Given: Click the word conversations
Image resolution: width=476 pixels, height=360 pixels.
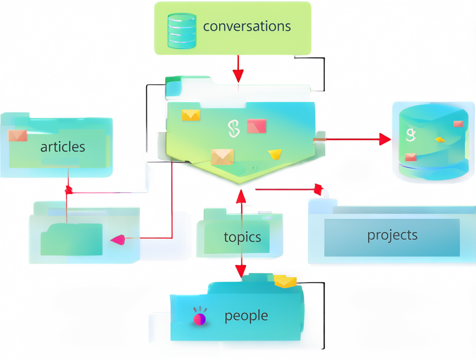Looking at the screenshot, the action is (247, 27).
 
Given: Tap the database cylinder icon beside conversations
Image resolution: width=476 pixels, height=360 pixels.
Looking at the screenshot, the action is (182, 31).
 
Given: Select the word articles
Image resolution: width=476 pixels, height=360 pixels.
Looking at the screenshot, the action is (63, 147).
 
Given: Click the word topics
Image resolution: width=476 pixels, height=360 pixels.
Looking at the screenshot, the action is (242, 237).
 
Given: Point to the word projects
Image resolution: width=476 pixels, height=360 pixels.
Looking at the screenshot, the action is (392, 235).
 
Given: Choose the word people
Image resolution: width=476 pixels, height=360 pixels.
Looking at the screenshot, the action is (246, 316).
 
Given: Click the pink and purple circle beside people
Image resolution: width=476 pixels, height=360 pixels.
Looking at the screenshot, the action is (200, 319).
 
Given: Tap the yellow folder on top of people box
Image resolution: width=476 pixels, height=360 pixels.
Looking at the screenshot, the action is (285, 281).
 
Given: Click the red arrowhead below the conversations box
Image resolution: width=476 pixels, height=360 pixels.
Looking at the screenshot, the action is (238, 76).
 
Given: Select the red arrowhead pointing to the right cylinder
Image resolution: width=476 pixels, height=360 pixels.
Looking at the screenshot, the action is (385, 139).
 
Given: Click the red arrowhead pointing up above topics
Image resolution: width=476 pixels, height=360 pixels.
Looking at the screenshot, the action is (241, 196).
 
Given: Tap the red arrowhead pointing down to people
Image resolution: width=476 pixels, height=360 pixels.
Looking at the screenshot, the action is (241, 271).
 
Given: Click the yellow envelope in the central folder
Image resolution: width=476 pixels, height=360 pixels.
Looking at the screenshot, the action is (191, 115).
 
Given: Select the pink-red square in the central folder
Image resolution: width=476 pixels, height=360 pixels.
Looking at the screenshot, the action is (256, 126).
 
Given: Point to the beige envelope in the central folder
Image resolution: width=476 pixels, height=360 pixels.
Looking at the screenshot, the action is (222, 157).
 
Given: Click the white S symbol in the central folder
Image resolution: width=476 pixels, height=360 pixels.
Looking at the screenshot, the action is (234, 129).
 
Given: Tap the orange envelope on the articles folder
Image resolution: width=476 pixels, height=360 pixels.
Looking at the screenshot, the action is (18, 135).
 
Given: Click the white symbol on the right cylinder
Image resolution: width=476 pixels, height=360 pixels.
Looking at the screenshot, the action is (411, 135).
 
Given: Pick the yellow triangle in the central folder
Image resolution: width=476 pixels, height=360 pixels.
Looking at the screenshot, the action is (275, 154).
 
